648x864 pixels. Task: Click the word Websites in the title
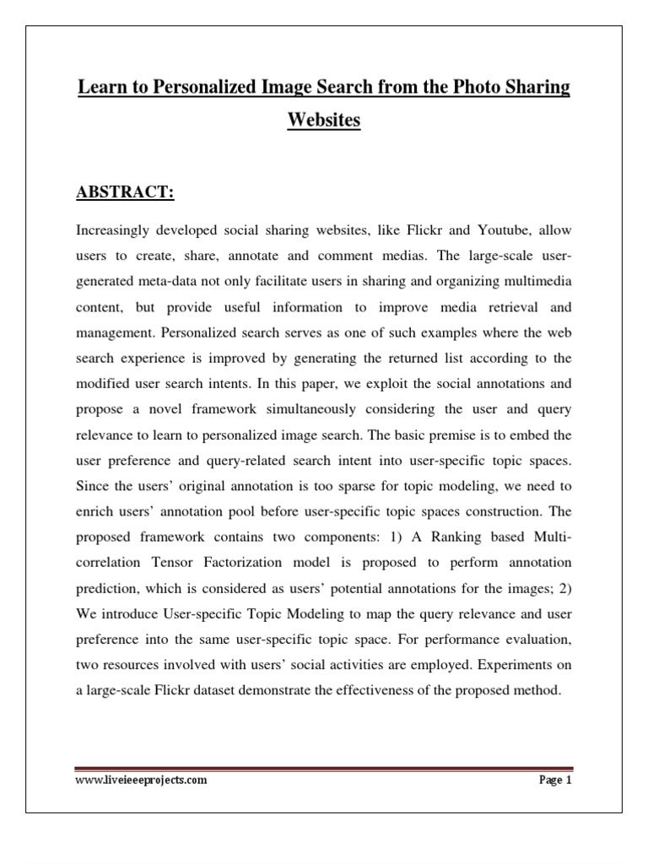coord(324,121)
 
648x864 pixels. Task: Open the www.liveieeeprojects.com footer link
coord(141,781)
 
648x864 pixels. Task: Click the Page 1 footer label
coord(554,781)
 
